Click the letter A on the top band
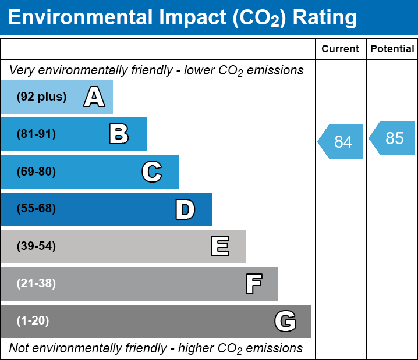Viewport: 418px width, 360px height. (94, 97)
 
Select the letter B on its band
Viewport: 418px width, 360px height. (119, 134)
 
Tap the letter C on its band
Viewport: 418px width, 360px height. (151, 172)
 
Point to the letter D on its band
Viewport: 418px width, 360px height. (185, 209)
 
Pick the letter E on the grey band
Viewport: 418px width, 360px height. (219, 247)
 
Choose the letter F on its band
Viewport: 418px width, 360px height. (253, 284)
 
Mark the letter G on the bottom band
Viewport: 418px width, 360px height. (285, 321)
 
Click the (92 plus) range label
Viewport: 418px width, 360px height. (41, 97)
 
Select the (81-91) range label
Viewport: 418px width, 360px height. (36, 134)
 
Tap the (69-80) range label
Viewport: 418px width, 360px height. (36, 172)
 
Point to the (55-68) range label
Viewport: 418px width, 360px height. (36, 209)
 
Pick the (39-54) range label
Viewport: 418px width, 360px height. (36, 247)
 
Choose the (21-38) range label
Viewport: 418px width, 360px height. (36, 284)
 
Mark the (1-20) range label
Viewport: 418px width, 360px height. (33, 321)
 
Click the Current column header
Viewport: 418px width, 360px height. (341, 49)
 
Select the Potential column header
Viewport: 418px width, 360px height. (392, 49)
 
